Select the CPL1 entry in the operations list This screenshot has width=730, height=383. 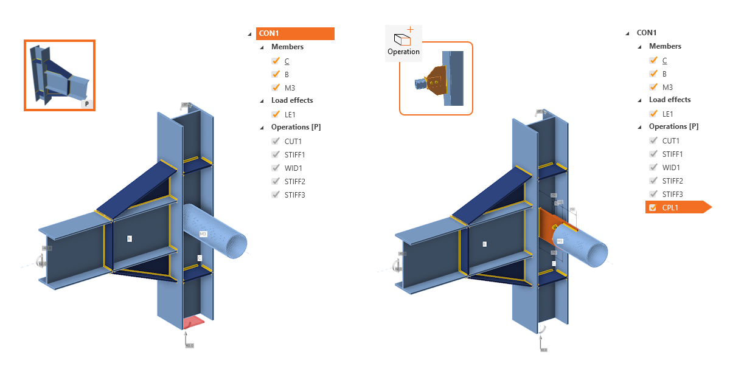click(x=672, y=207)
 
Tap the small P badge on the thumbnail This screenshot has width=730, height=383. click(x=86, y=104)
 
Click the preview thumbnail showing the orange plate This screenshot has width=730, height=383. click(x=436, y=78)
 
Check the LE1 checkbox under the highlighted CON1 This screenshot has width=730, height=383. click(x=276, y=114)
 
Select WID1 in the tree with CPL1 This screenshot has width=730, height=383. click(x=670, y=167)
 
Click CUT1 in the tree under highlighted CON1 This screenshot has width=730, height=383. click(x=293, y=142)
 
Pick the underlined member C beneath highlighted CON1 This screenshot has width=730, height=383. click(x=287, y=61)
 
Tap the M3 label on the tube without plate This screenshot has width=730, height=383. click(x=203, y=233)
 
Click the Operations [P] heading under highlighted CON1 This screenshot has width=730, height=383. click(x=296, y=127)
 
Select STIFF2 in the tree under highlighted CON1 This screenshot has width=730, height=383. click(x=294, y=181)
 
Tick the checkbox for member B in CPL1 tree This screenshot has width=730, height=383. click(x=653, y=74)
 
